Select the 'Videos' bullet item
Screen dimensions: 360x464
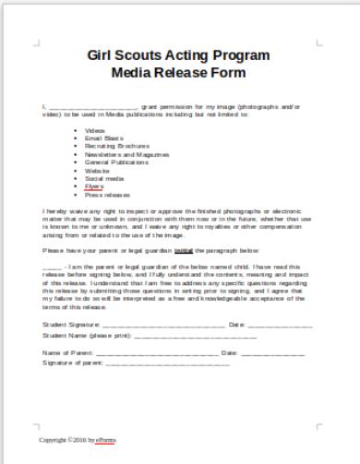tap(96, 131)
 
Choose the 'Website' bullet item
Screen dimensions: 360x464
tap(97, 170)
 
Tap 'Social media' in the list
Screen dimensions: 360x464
tap(101, 178)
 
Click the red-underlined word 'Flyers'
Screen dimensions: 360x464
tap(95, 186)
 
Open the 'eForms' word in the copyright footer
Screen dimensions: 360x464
tap(108, 440)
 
